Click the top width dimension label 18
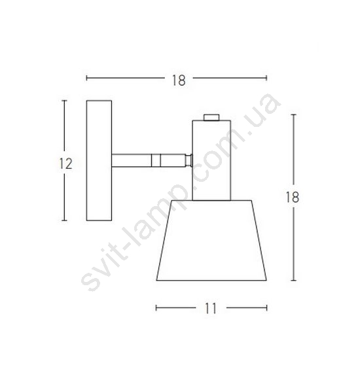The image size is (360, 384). coord(179,80)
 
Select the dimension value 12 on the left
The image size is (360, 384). coord(65,164)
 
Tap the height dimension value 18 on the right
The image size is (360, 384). coord(293,197)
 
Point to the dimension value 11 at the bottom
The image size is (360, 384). coord(211,308)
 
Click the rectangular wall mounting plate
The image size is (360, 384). coord(99,160)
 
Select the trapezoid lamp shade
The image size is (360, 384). coord(211,240)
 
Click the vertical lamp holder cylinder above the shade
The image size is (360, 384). coord(211,160)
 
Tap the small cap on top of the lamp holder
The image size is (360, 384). coord(211,117)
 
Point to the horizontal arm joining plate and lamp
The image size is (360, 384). coord(149,160)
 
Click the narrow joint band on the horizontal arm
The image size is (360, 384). coord(156,160)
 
